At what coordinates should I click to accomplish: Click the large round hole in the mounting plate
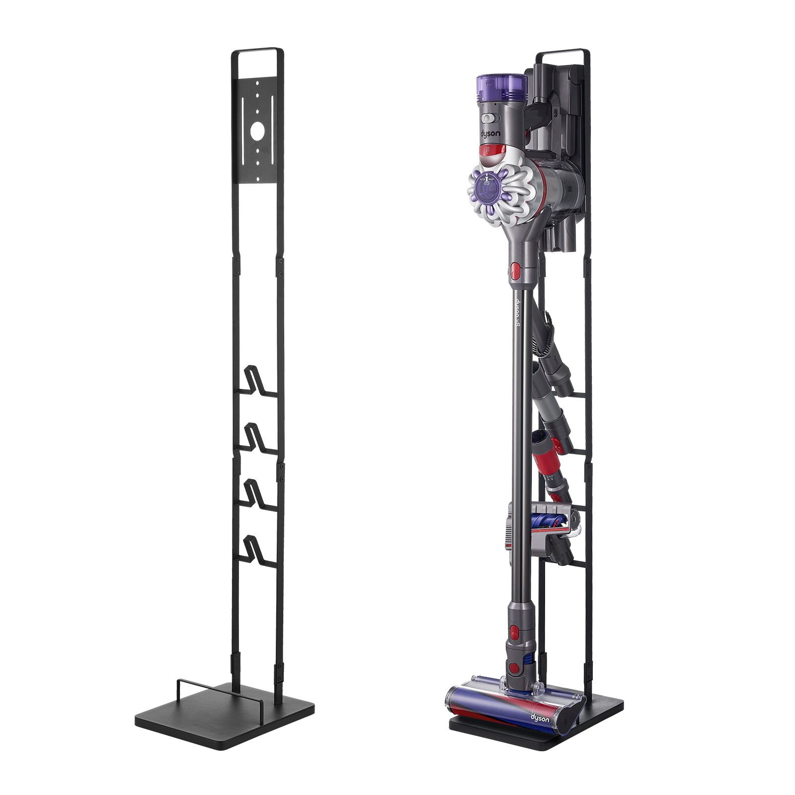(x=257, y=131)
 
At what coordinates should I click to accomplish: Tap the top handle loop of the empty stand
(x=257, y=50)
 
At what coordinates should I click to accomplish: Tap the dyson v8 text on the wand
(x=517, y=313)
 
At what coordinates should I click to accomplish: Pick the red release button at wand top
(x=515, y=271)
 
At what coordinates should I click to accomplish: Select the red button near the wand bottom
(x=515, y=632)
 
